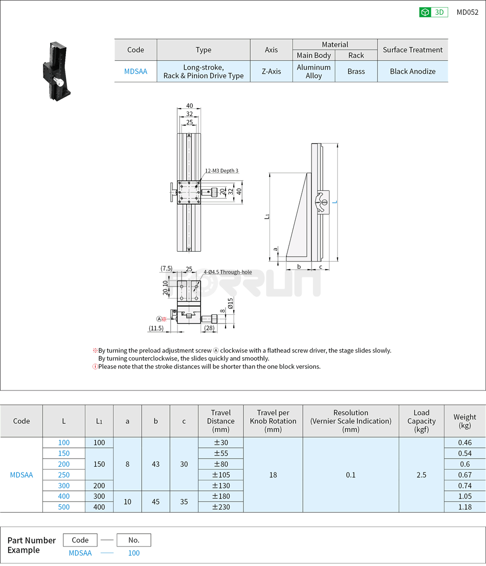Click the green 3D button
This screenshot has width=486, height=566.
click(433, 12)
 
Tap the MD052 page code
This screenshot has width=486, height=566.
click(467, 12)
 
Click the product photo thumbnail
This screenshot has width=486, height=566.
click(56, 72)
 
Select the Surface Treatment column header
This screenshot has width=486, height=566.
click(412, 50)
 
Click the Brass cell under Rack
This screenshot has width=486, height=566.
click(356, 71)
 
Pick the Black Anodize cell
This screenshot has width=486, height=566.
click(412, 71)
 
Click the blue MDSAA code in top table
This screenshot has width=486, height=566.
click(136, 71)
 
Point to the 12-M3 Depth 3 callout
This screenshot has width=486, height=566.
click(222, 170)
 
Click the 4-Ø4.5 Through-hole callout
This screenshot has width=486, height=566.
click(228, 272)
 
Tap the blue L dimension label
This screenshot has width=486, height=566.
click(335, 202)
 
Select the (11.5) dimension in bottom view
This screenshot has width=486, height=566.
click(156, 328)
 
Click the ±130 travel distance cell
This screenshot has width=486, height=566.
click(220, 486)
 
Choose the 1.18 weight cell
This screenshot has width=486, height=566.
click(465, 507)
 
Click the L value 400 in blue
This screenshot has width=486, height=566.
click(64, 496)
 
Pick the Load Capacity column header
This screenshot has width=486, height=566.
click(421, 421)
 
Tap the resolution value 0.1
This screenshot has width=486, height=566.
click(350, 474)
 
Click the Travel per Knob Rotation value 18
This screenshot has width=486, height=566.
click(273, 474)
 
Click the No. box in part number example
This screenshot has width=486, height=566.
click(134, 540)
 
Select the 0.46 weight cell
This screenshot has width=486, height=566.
click(465, 443)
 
